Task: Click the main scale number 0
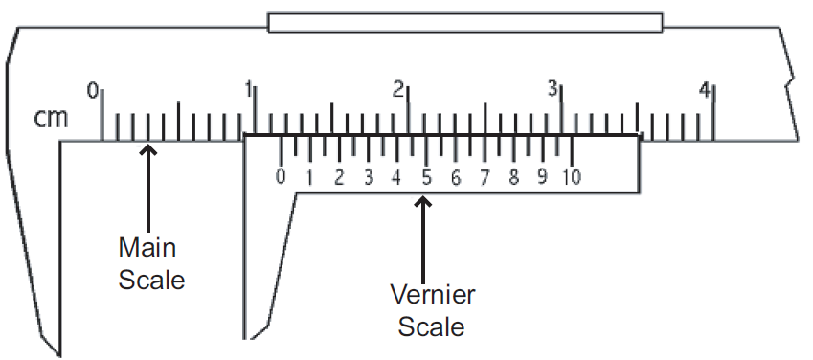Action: [93, 90]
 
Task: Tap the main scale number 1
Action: [248, 90]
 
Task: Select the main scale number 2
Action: [399, 90]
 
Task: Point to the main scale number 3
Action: [553, 90]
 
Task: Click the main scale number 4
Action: [705, 90]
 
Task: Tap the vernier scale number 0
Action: [281, 177]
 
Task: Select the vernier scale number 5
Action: [427, 177]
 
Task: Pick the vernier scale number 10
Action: [573, 177]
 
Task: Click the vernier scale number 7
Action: [486, 177]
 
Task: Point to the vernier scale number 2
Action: [339, 177]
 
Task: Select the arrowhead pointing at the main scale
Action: [147, 150]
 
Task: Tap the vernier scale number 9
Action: [544, 177]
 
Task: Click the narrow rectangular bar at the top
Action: [465, 22]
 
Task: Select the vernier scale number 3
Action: [369, 177]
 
